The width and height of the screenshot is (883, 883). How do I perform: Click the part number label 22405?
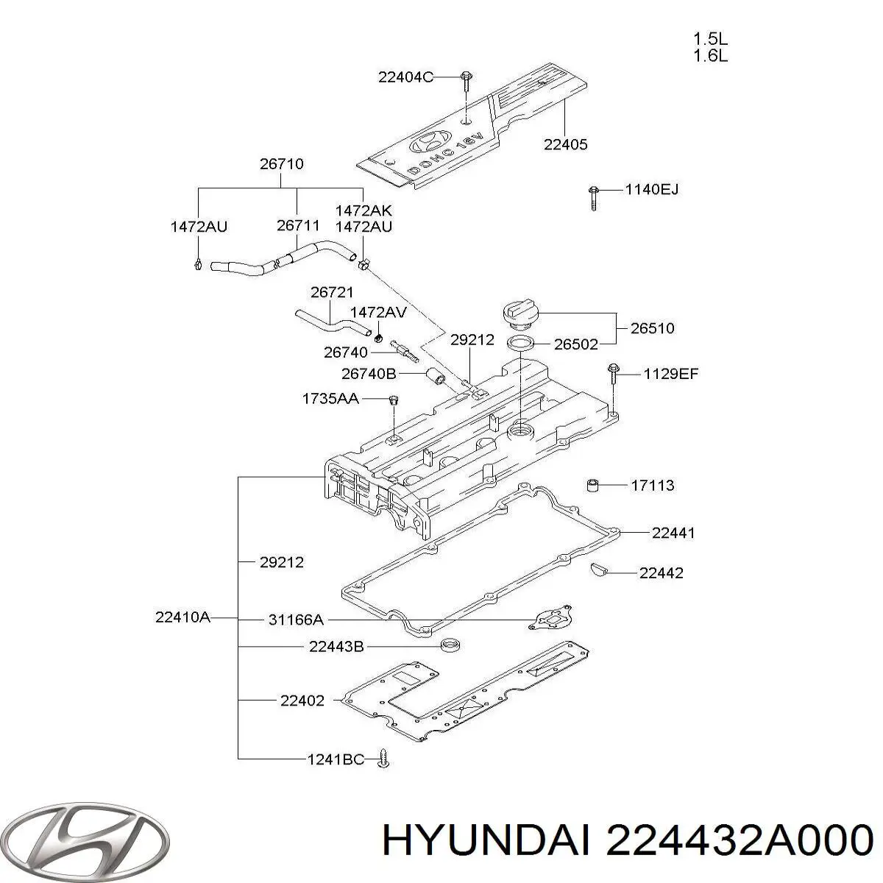[565, 145]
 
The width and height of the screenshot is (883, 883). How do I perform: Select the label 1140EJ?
[651, 190]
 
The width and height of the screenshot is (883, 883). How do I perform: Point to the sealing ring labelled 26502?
[521, 343]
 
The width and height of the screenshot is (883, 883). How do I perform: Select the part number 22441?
[673, 533]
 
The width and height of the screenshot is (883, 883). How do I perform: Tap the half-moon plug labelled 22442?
[598, 567]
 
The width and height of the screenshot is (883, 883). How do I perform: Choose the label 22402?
[302, 701]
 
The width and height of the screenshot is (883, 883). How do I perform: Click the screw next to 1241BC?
[383, 759]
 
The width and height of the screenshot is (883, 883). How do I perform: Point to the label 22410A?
[182, 617]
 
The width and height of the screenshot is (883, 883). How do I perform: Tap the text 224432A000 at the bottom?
[737, 840]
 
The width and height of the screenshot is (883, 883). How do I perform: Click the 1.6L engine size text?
[710, 56]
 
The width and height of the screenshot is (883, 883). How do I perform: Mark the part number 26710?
[281, 164]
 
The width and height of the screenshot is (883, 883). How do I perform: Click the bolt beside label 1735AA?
[393, 402]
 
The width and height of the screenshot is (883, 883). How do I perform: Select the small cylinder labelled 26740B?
[436, 377]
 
